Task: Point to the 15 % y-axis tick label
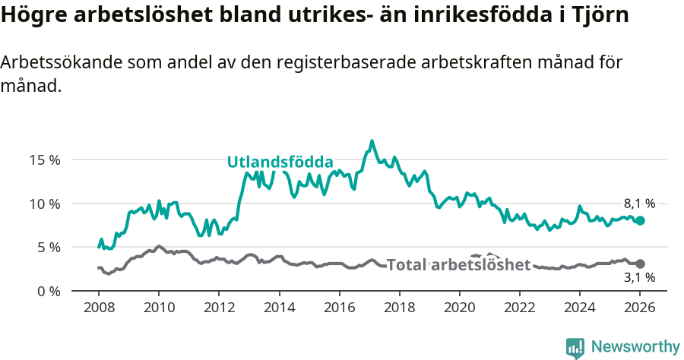tap(45, 160)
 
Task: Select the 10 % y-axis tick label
tap(45, 204)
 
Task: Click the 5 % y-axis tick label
tap(48, 248)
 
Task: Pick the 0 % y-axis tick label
tap(48, 291)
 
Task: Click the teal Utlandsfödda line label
tap(280, 162)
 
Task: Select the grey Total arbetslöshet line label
tap(458, 264)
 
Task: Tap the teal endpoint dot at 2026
tap(640, 220)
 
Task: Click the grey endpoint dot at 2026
tap(640, 264)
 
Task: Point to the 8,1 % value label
tap(639, 204)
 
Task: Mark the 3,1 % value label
tap(639, 279)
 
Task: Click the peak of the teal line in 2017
tap(372, 141)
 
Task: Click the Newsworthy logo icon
tap(575, 347)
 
